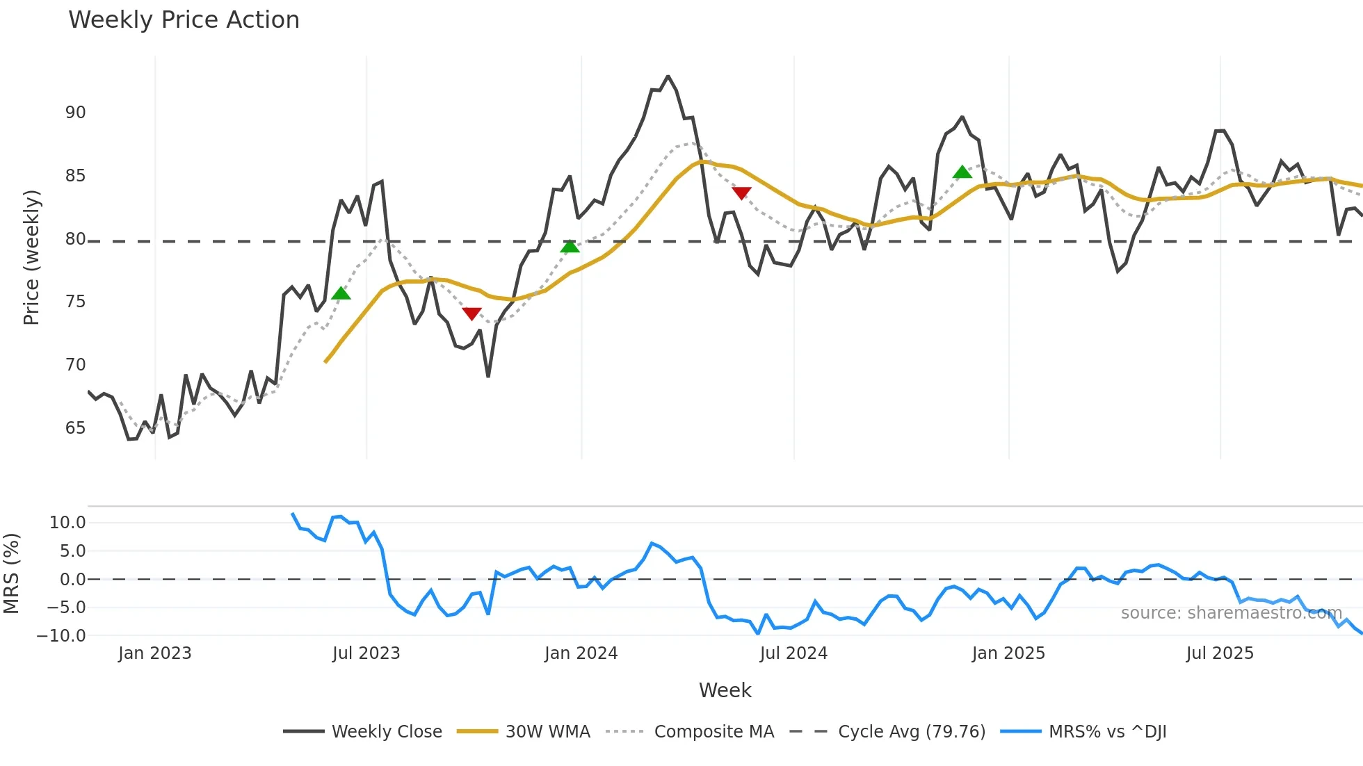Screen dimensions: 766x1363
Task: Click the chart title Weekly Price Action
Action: click(x=184, y=20)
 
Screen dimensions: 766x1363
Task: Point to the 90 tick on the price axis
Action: click(x=75, y=113)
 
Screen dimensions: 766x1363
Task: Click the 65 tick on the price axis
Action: click(x=75, y=428)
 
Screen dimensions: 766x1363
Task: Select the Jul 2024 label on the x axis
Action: click(x=793, y=653)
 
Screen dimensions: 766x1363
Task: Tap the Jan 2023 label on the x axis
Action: click(x=154, y=653)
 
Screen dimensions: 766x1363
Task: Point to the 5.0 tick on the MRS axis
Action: click(x=72, y=551)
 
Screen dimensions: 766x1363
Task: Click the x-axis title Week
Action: click(x=725, y=690)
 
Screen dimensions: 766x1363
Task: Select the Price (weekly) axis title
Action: click(x=31, y=257)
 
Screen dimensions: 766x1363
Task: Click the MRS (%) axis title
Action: click(x=11, y=573)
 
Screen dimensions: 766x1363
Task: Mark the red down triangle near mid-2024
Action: click(x=741, y=193)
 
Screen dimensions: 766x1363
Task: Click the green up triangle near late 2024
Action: click(x=962, y=172)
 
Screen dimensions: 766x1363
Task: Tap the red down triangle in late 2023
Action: click(x=471, y=314)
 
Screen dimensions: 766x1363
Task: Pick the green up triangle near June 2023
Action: click(x=341, y=293)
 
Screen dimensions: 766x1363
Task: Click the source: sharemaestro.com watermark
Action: click(x=1231, y=613)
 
